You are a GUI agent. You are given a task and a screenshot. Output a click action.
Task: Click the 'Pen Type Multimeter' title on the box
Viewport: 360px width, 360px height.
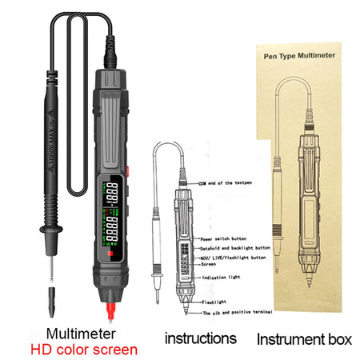click(x=306, y=57)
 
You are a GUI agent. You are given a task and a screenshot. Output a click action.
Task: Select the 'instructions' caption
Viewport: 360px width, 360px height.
click(x=200, y=338)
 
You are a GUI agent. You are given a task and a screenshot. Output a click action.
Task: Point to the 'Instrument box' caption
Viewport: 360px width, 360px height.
click(x=304, y=338)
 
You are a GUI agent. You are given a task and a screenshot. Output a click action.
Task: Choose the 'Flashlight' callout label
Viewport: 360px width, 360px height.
click(x=215, y=302)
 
